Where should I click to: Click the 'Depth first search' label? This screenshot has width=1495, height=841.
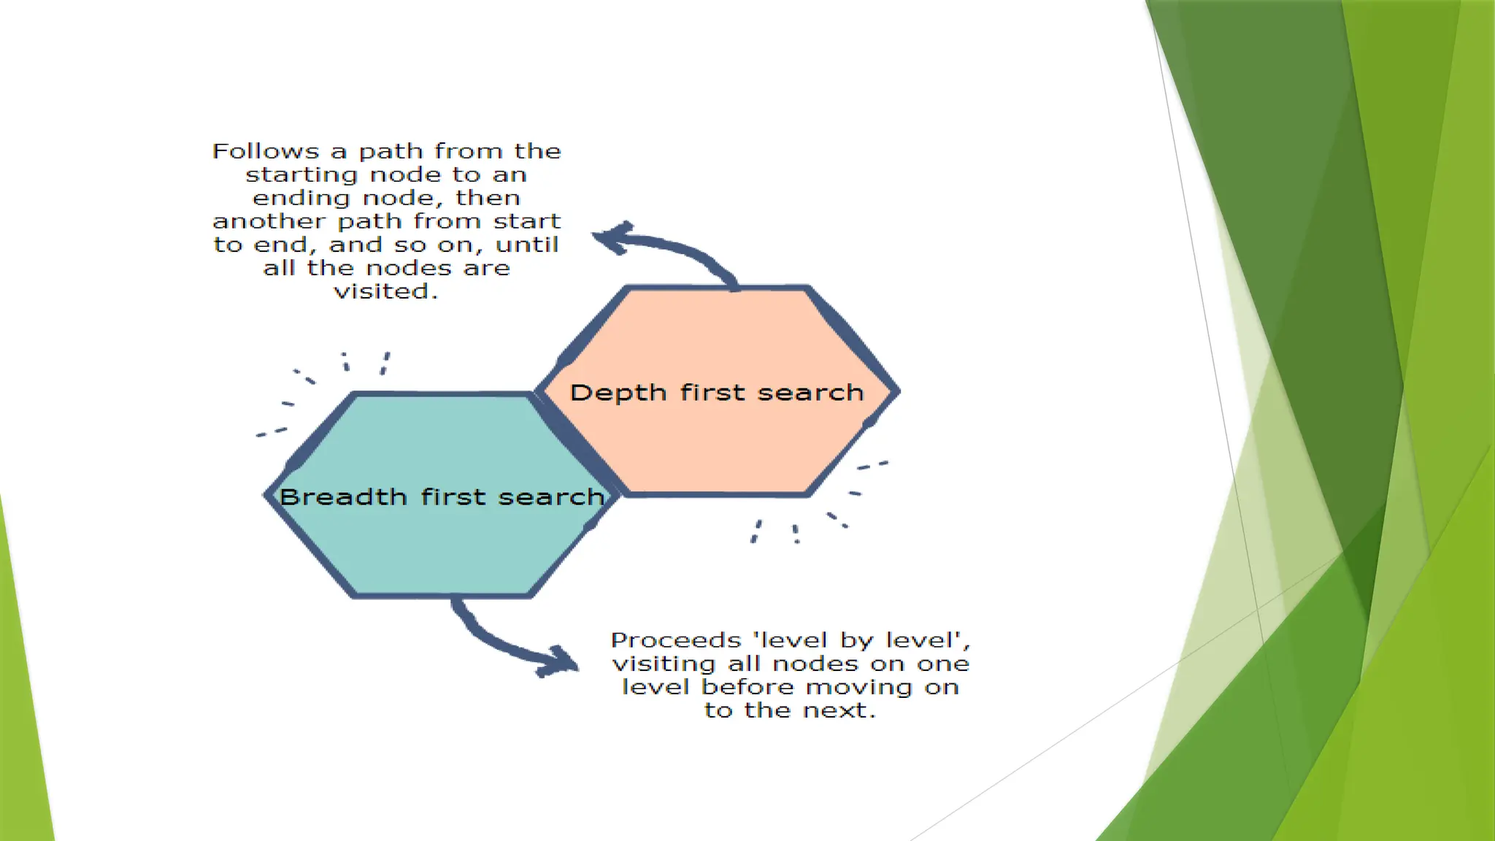click(x=716, y=393)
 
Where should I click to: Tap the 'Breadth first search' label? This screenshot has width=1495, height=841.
click(x=442, y=497)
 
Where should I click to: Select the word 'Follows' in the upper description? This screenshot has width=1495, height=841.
click(x=266, y=151)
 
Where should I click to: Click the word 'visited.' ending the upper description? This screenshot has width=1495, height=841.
click(x=386, y=291)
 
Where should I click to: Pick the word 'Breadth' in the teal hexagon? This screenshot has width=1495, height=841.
click(x=343, y=497)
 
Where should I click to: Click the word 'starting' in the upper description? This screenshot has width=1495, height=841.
click(x=301, y=175)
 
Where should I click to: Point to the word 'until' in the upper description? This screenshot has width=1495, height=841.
click(x=527, y=245)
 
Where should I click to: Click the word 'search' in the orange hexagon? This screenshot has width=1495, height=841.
click(x=810, y=393)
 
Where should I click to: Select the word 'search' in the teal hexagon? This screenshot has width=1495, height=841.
click(x=551, y=497)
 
